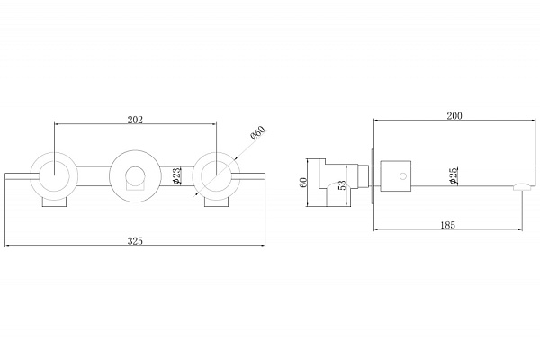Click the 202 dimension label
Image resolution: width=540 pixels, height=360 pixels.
135,120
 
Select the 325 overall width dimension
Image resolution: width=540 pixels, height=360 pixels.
135,241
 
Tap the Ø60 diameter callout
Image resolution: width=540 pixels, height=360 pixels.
258,132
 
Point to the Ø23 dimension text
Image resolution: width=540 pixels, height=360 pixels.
176,176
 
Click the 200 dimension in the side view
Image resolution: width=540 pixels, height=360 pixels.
454,116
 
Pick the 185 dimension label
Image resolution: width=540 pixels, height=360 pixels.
447,225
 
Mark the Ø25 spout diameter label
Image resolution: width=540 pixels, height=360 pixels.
454,175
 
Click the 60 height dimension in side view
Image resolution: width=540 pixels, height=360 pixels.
303,183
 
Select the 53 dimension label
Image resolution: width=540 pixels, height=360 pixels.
342,185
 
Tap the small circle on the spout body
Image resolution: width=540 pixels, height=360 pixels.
403,176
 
